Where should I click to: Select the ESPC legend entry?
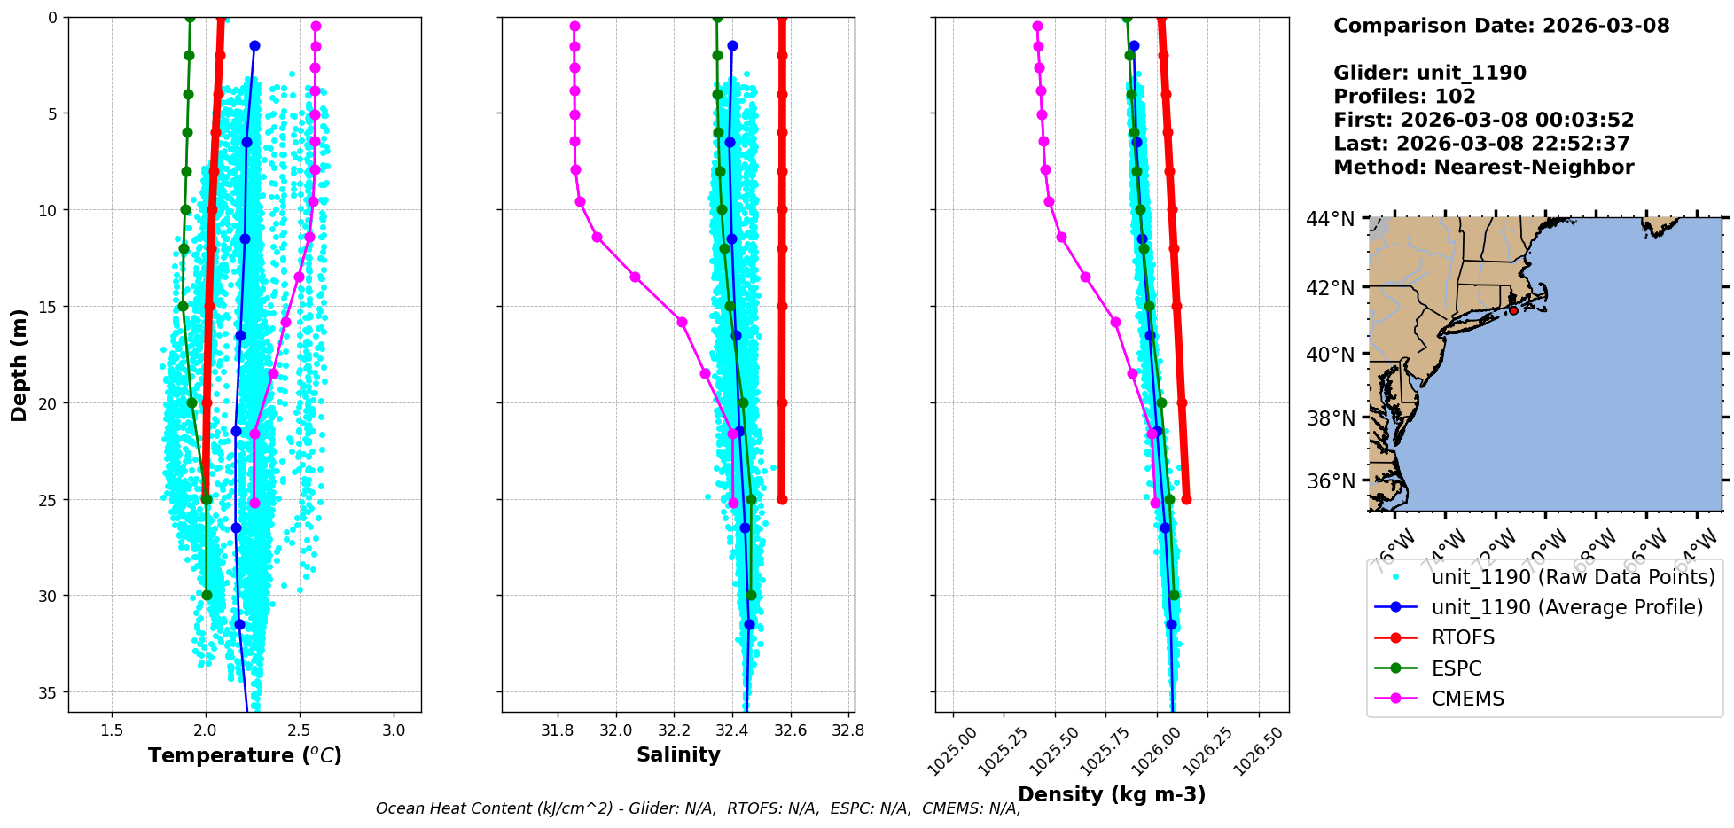1457,668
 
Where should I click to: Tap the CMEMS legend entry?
1467,699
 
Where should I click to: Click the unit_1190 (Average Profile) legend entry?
1566,607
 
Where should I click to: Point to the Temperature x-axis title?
245,755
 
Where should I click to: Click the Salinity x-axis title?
678,754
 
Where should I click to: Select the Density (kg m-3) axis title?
1112,794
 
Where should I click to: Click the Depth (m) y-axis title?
20,365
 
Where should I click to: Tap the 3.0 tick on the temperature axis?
394,730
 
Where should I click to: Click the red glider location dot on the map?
1513,310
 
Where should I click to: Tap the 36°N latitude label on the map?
1331,481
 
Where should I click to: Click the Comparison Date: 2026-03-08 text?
1501,26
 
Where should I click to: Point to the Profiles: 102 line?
1404,97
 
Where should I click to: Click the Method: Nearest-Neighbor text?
1483,168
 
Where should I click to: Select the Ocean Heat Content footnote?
698,808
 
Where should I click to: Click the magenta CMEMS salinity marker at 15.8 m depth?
682,322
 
